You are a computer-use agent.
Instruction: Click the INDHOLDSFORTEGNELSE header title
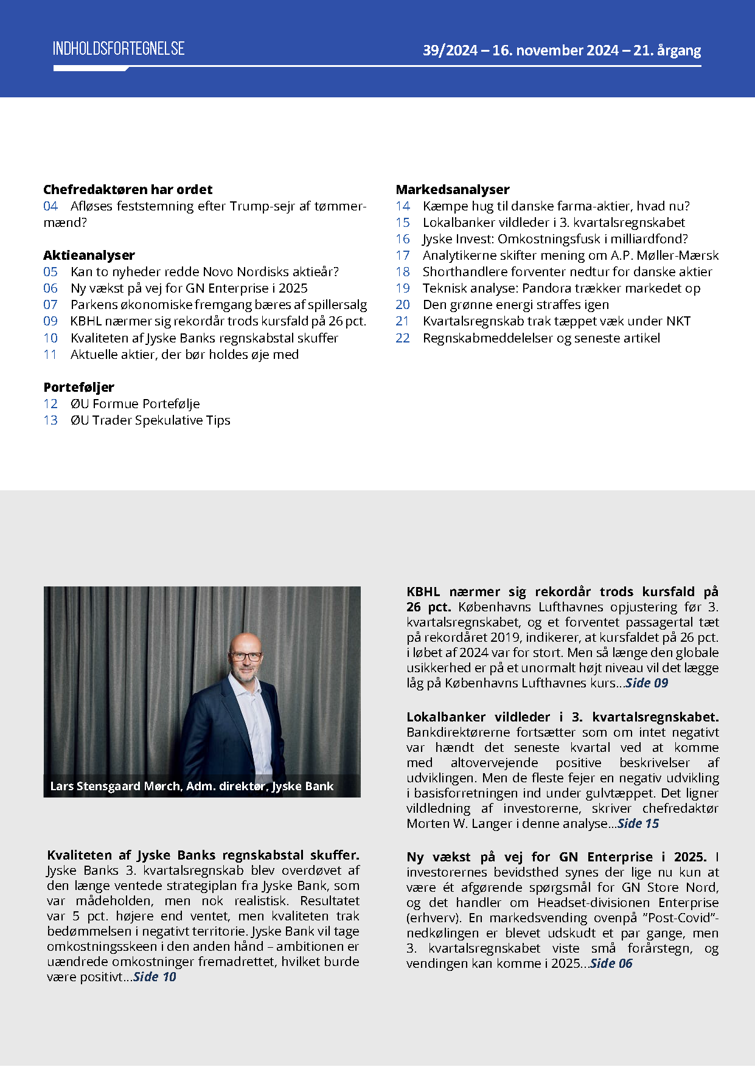[119, 49]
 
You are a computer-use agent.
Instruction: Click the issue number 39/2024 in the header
[450, 50]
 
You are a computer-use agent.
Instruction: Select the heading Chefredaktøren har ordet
[128, 190]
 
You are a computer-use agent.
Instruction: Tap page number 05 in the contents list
[50, 272]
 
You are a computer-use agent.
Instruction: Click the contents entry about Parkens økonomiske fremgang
[218, 305]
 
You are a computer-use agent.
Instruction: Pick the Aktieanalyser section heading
[89, 255]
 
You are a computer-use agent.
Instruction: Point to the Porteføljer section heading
[78, 388]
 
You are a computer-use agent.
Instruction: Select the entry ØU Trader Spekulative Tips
[150, 420]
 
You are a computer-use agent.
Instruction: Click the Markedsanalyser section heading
[453, 190]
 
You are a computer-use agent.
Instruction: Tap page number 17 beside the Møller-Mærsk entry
[403, 255]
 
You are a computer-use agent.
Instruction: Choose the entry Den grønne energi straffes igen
[515, 305]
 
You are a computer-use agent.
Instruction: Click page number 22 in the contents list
[403, 338]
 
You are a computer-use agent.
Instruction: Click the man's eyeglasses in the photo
[246, 657]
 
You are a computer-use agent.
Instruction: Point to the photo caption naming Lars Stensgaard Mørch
[192, 786]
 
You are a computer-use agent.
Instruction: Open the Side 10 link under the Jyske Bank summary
[155, 977]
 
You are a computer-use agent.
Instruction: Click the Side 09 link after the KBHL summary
[647, 683]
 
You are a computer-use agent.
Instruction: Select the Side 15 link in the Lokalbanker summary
[638, 824]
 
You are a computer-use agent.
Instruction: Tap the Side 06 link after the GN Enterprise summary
[611, 964]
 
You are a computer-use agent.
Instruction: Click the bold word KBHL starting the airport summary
[423, 592]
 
